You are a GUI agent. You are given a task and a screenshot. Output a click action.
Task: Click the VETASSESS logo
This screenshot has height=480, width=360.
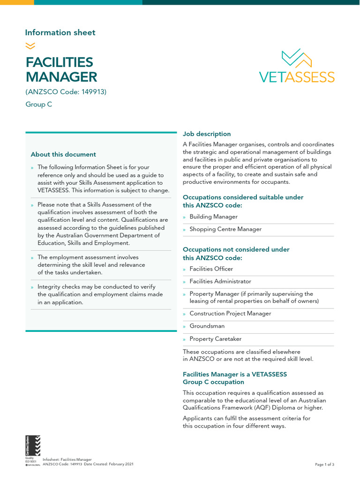click(x=297, y=67)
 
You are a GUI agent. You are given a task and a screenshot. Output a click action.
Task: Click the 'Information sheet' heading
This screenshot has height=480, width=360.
click(x=60, y=32)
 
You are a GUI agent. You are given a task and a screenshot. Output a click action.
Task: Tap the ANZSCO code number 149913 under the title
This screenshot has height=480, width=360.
click(x=92, y=92)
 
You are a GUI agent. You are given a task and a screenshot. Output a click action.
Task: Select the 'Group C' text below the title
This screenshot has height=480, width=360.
click(x=39, y=105)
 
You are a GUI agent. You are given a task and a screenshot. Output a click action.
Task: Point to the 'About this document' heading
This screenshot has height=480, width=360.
click(x=63, y=154)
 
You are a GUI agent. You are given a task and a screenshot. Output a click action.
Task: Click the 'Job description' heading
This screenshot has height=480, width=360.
click(x=207, y=134)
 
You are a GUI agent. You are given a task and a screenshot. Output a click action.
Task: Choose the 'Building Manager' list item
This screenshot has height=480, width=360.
click(x=213, y=217)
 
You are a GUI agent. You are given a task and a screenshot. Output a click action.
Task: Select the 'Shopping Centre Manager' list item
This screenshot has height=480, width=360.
click(x=225, y=229)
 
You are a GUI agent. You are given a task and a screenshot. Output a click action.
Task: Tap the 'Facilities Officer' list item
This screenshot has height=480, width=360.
click(x=211, y=269)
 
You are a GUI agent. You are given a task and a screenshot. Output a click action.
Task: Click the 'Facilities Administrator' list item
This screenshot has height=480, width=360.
click(x=220, y=281)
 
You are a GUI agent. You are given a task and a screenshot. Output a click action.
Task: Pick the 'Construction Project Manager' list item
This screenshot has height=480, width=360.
click(x=230, y=314)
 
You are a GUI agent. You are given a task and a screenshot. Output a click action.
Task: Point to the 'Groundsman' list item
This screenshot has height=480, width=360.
click(x=207, y=326)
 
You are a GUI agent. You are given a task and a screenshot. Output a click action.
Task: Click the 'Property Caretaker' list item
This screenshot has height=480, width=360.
click(x=215, y=339)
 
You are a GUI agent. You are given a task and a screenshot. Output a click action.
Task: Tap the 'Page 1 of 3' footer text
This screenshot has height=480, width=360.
click(x=324, y=465)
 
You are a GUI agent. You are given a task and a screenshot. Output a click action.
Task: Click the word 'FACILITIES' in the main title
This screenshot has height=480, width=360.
click(x=59, y=62)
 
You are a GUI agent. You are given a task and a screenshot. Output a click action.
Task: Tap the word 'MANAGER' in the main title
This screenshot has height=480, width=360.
click(x=61, y=77)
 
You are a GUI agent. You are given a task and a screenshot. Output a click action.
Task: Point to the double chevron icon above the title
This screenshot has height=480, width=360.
click(x=30, y=45)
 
